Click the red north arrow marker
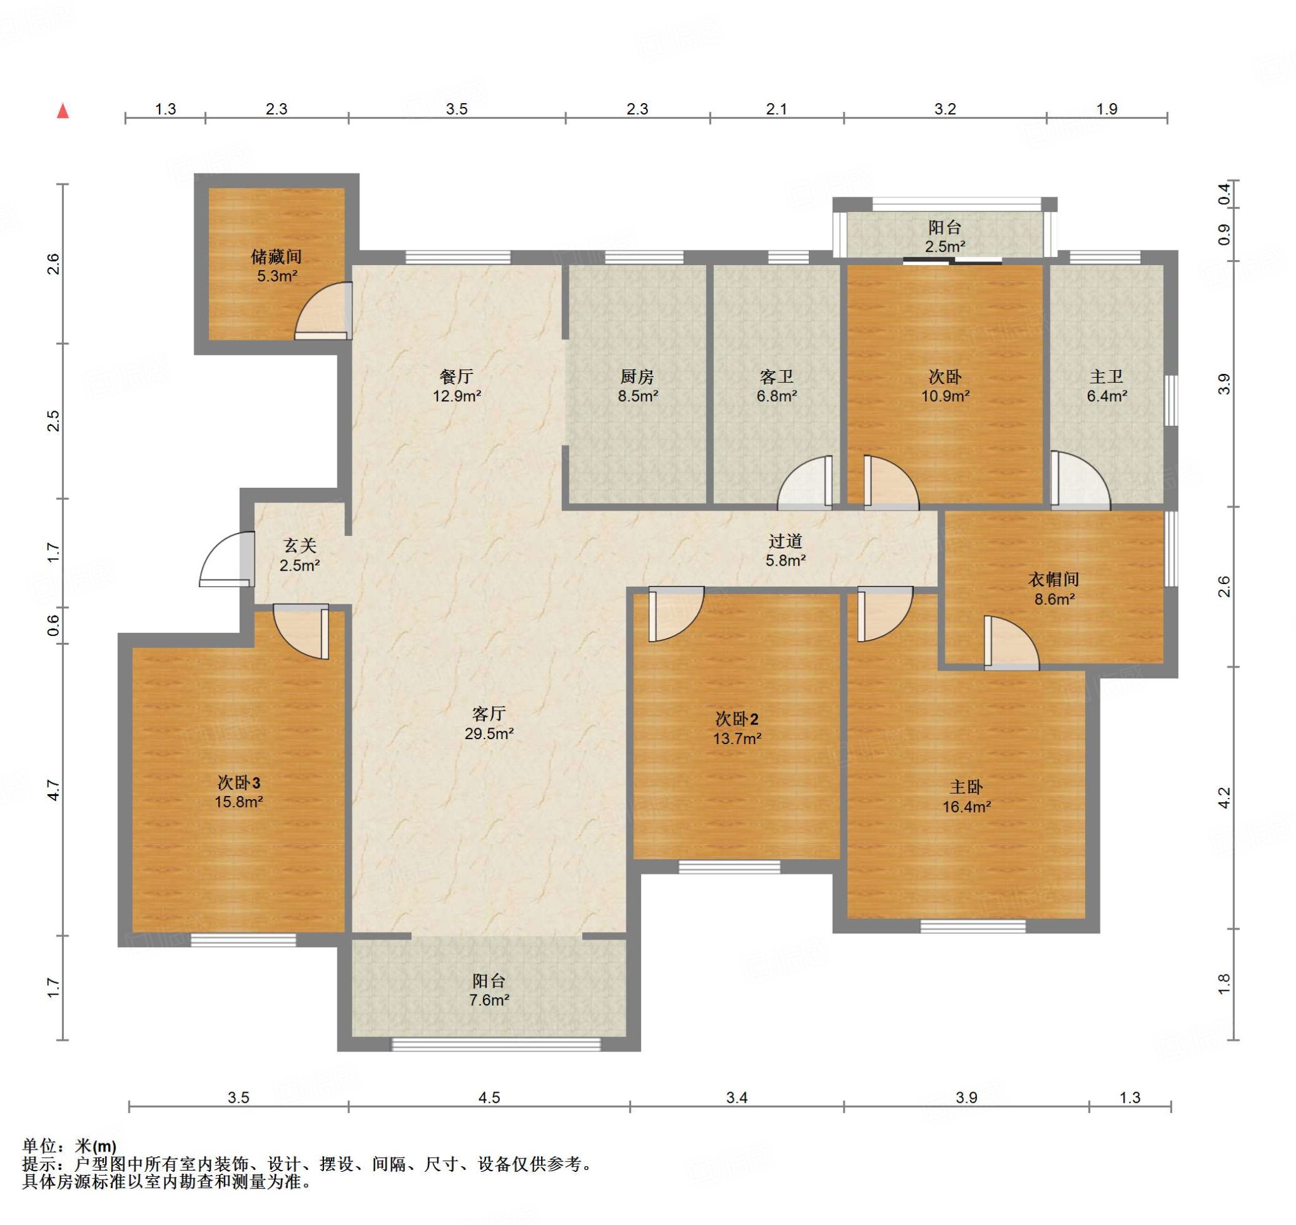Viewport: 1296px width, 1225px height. (x=63, y=110)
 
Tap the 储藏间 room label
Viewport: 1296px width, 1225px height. (x=276, y=257)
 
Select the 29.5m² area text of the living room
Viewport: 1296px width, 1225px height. (x=489, y=733)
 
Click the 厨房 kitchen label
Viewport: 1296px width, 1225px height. (x=637, y=376)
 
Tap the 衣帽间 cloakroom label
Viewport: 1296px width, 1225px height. (x=1054, y=579)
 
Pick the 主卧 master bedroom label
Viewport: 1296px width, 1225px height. (x=966, y=788)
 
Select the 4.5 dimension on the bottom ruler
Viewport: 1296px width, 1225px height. (x=489, y=1098)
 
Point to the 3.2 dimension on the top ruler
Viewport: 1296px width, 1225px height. (x=945, y=109)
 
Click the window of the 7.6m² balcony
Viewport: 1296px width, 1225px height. (x=495, y=1044)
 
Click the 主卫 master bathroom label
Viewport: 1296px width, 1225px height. (x=1107, y=376)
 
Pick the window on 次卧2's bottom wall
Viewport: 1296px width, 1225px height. (x=729, y=866)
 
